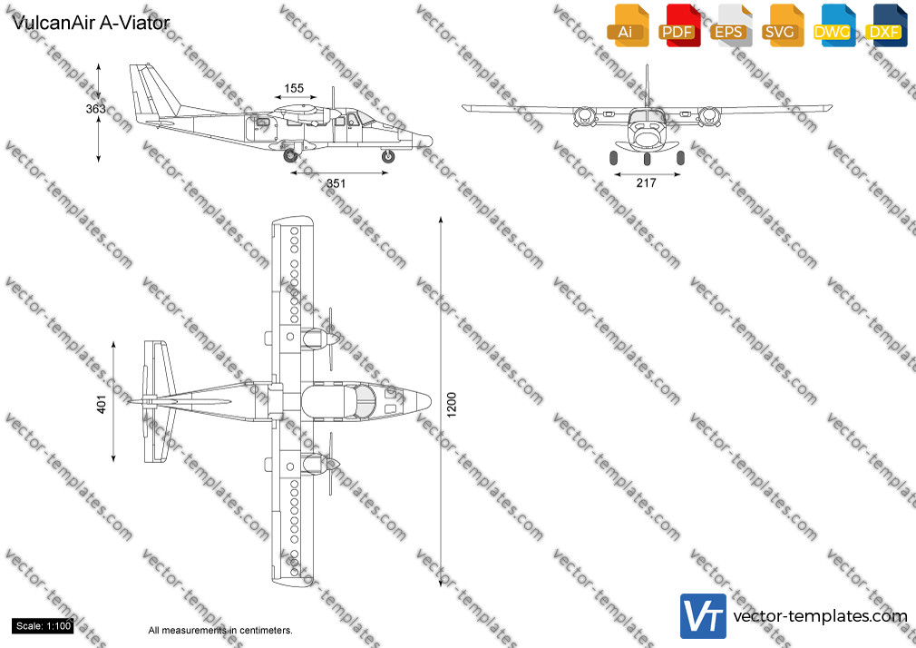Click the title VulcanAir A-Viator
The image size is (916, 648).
pos(91,23)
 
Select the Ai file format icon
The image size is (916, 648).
pos(628,26)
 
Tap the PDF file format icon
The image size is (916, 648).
pos(679,26)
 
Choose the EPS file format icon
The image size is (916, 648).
pos(731,26)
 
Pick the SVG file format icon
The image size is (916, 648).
pos(782,26)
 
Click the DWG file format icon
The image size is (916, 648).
pos(833,26)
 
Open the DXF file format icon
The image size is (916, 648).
pos(886,26)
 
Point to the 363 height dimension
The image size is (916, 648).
pos(96,108)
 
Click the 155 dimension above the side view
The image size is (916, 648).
pos(294,88)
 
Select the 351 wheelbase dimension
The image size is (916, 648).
pos(336,183)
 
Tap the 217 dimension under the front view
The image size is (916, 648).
pos(646,183)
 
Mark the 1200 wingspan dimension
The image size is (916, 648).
pos(451,405)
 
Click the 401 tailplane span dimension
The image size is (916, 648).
pos(102,404)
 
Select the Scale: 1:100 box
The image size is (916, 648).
pos(43,626)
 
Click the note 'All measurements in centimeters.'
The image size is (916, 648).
pos(220,631)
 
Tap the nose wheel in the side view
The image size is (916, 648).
pos(387,156)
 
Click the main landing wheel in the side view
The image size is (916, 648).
pos(290,155)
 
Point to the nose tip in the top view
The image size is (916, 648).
pos(431,402)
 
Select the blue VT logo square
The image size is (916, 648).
pos(704,616)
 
